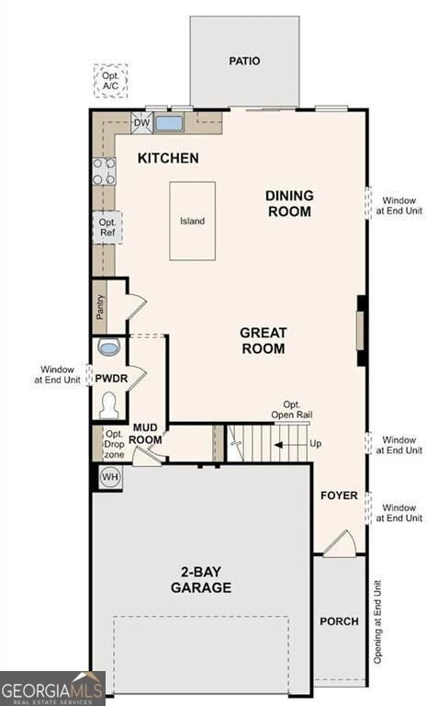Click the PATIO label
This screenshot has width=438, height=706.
(244, 62)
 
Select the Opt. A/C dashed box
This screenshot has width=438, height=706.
(110, 80)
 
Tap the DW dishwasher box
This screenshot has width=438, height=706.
(141, 122)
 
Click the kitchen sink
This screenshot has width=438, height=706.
(168, 122)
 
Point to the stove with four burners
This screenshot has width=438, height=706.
(104, 171)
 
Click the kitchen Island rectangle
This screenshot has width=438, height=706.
(192, 221)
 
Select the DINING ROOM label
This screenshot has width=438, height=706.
(289, 203)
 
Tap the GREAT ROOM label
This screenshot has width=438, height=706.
(264, 340)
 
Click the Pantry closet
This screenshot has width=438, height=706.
(101, 307)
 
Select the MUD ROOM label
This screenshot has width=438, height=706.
(147, 433)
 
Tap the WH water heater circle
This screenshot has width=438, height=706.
(109, 477)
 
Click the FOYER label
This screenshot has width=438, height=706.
(339, 495)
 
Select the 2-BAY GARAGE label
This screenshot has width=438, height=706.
(199, 580)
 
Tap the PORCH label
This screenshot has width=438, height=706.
(339, 621)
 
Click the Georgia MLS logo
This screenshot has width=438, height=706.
(52, 688)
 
